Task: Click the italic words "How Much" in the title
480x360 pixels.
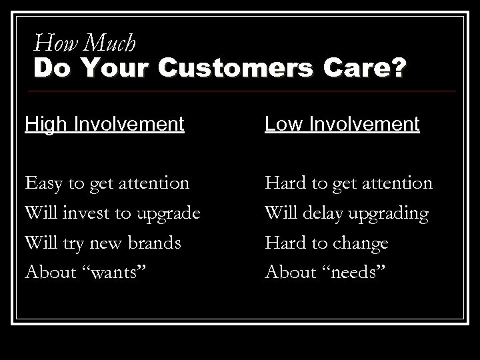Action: click(x=85, y=43)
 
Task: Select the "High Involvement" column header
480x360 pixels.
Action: click(x=104, y=124)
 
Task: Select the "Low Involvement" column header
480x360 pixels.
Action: click(x=343, y=124)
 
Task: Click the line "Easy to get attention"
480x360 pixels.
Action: click(x=107, y=183)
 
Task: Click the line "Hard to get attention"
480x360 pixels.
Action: click(x=349, y=183)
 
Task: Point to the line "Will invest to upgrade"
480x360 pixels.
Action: click(x=112, y=213)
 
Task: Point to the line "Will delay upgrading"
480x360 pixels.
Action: click(x=346, y=213)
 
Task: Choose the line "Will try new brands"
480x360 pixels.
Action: click(x=103, y=243)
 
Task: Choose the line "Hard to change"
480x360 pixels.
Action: click(x=327, y=243)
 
